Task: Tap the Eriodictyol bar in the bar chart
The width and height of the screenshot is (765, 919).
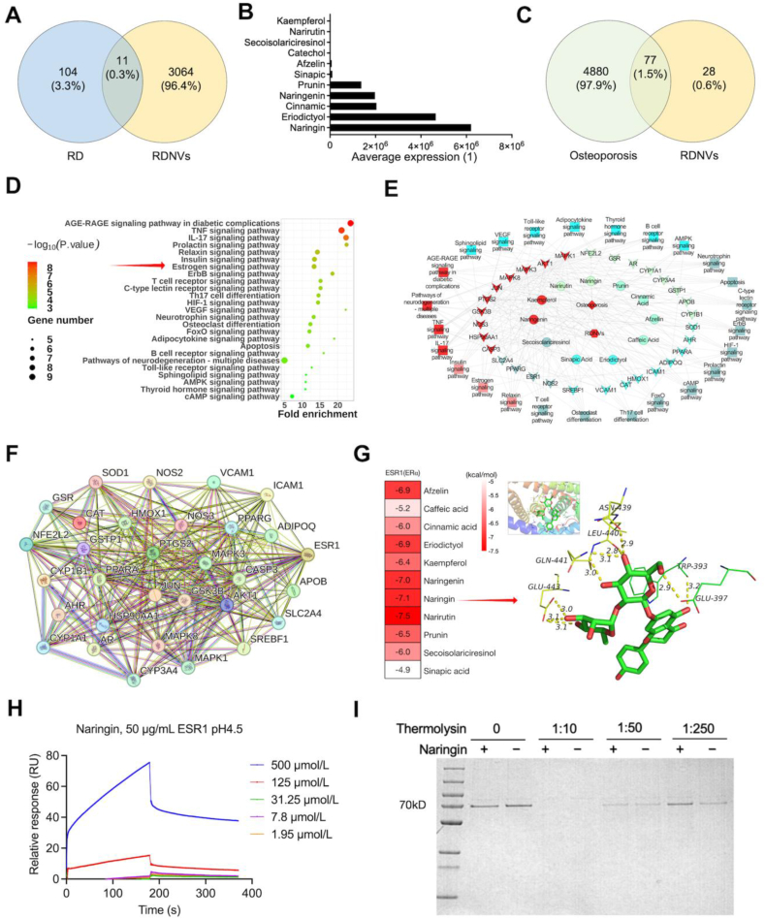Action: pos(383,116)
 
